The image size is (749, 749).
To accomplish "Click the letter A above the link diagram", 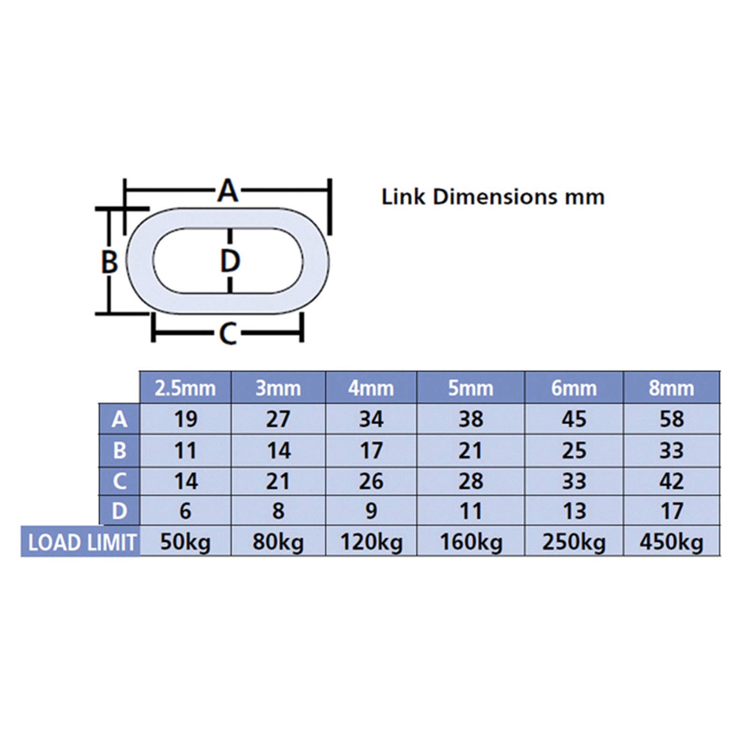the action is click(x=228, y=190).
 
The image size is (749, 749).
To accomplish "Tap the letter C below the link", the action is click(x=228, y=333).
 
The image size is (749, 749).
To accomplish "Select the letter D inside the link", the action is click(x=230, y=261).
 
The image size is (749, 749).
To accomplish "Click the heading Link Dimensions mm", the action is click(x=493, y=197).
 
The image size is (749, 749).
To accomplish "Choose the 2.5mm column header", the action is click(x=185, y=388).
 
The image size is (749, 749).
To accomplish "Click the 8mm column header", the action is click(x=671, y=388).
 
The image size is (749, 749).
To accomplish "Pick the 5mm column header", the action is click(x=470, y=388).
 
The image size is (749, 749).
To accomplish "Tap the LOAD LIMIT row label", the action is click(x=81, y=543).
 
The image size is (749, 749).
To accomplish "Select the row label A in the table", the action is click(x=119, y=419).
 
